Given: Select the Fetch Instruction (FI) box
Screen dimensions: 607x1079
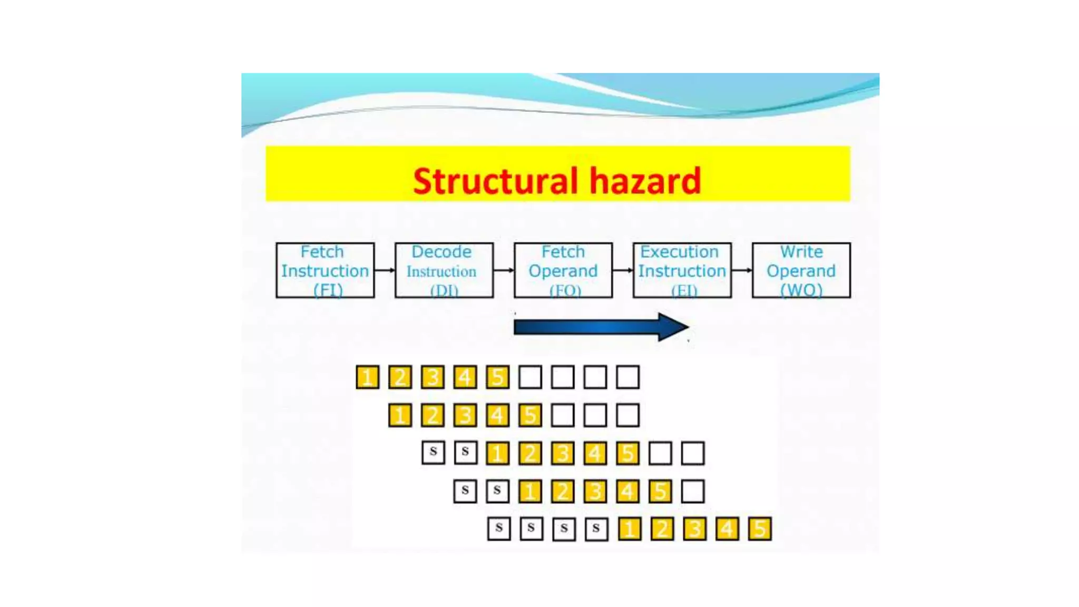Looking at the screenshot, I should point(325,270).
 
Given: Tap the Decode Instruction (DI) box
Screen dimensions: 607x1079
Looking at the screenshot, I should point(444,270).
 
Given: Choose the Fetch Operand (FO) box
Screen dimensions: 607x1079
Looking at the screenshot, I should point(563,270).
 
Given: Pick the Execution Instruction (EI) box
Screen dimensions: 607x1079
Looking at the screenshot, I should point(682,270).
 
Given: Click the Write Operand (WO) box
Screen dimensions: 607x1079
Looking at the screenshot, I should point(801,270).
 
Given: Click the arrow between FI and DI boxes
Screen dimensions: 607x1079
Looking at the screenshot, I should point(385,270).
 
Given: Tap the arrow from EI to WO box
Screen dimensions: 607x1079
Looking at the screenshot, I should point(742,270).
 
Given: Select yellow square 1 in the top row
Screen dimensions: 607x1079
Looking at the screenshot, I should point(368,377).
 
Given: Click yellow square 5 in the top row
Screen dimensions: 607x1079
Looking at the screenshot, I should point(497,377).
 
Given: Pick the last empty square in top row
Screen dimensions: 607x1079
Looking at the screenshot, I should point(627,377).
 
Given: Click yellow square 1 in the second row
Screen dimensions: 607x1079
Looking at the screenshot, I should point(400,415).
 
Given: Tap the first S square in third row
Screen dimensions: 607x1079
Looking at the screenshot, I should point(433,453).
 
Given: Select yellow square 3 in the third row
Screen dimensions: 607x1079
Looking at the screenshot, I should point(563,453).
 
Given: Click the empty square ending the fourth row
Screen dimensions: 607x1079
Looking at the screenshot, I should point(692,491).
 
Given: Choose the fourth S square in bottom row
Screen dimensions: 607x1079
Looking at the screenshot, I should point(596,529).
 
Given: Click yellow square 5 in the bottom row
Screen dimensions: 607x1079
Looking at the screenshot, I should point(759,529).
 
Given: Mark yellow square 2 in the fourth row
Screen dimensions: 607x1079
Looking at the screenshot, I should point(563,491).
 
